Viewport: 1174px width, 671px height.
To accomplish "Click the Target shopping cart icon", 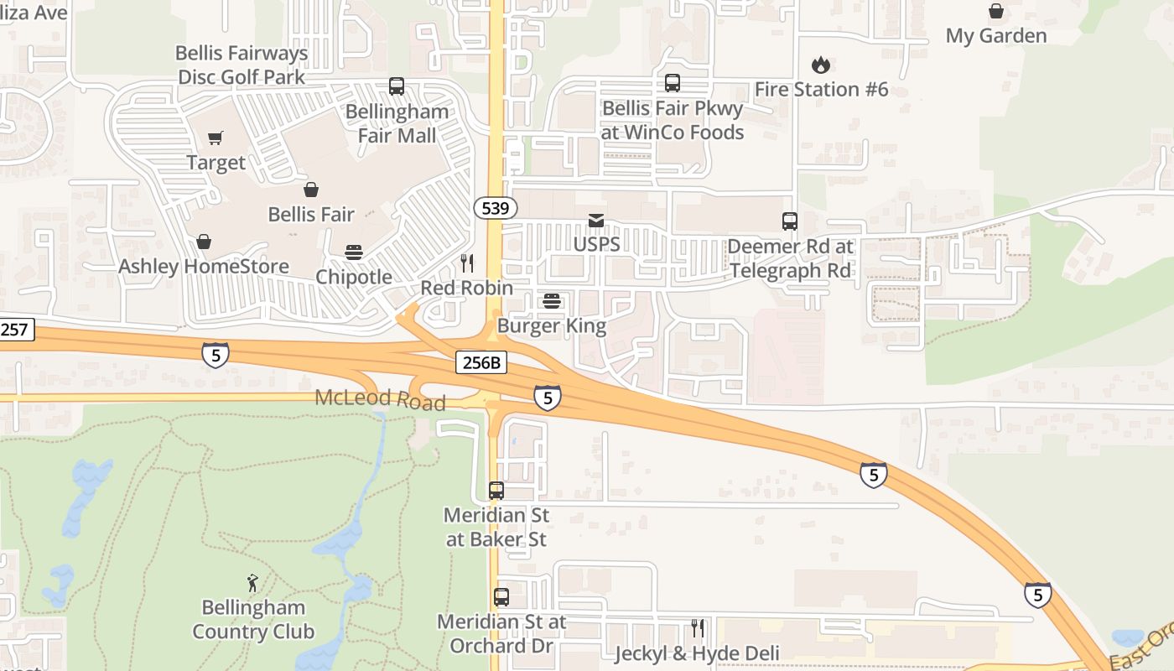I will [216, 138].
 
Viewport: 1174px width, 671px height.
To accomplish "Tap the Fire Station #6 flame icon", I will [820, 65].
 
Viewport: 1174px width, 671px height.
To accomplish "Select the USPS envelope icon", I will [596, 221].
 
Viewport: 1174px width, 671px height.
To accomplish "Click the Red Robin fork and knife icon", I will [467, 263].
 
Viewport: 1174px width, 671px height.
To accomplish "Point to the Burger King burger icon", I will [552, 301].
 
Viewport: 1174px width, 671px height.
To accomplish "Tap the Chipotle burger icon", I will [353, 252].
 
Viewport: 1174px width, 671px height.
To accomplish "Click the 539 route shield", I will [496, 207].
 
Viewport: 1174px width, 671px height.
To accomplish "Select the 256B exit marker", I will [481, 362].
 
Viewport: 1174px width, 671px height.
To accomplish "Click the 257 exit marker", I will [14, 329].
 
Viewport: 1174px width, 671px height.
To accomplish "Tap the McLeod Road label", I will [380, 399].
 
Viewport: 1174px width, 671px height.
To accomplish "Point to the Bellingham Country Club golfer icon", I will [252, 582].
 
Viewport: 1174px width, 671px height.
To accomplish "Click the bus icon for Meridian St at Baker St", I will [496, 491].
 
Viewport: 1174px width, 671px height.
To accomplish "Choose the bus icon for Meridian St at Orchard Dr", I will [501, 597].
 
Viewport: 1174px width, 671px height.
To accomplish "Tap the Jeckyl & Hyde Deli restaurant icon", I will [697, 627].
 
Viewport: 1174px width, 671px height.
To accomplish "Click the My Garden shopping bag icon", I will [996, 11].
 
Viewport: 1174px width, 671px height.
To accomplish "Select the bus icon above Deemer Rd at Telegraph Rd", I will [790, 221].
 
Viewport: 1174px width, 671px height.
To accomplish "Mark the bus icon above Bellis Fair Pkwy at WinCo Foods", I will [673, 83].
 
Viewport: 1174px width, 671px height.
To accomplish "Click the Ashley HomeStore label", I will [204, 267].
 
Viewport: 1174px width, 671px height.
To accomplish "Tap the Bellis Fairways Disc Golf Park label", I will [242, 65].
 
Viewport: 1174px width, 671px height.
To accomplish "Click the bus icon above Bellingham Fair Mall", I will [397, 86].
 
